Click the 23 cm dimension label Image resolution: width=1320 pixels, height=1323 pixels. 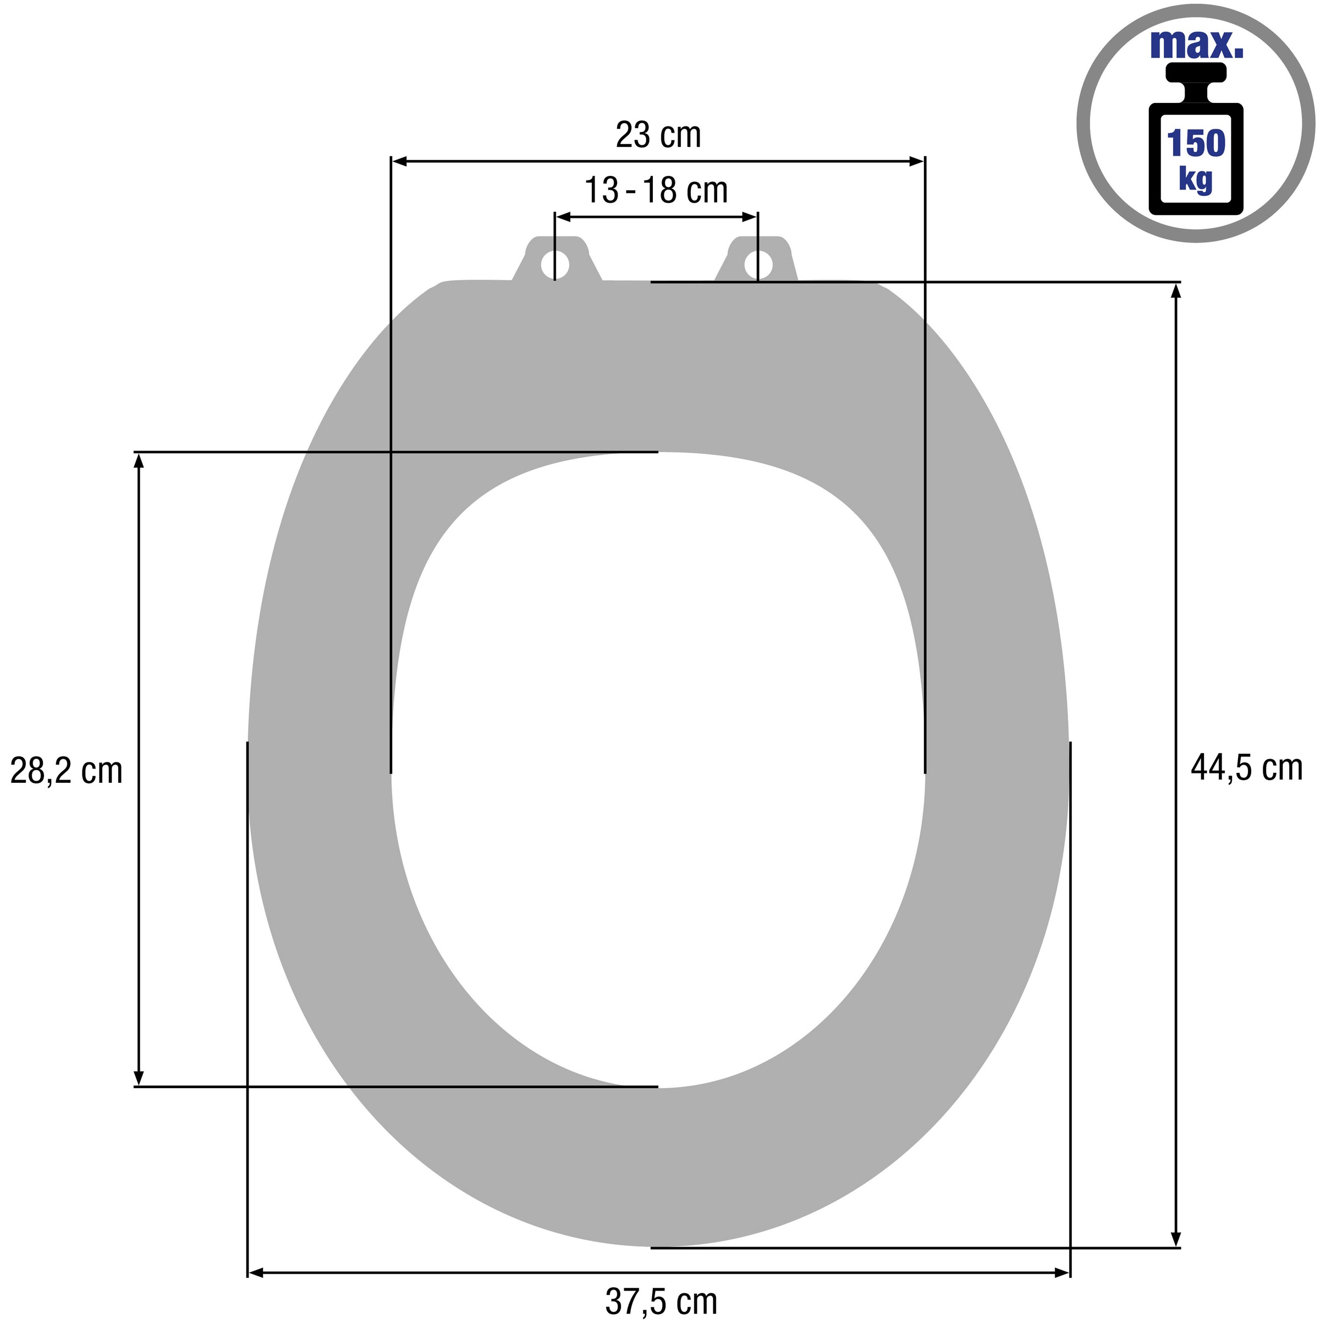coord(658,135)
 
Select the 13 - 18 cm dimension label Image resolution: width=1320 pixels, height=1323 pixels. coord(656,190)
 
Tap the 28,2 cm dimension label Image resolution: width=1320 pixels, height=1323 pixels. coord(67,771)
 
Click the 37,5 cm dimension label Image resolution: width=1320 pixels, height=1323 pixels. coord(661,1301)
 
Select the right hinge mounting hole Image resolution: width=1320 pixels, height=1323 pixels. coord(758,265)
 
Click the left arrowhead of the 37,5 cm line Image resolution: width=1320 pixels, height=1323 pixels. coord(255,1273)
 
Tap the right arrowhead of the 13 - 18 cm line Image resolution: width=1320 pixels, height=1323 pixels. coord(750,217)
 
